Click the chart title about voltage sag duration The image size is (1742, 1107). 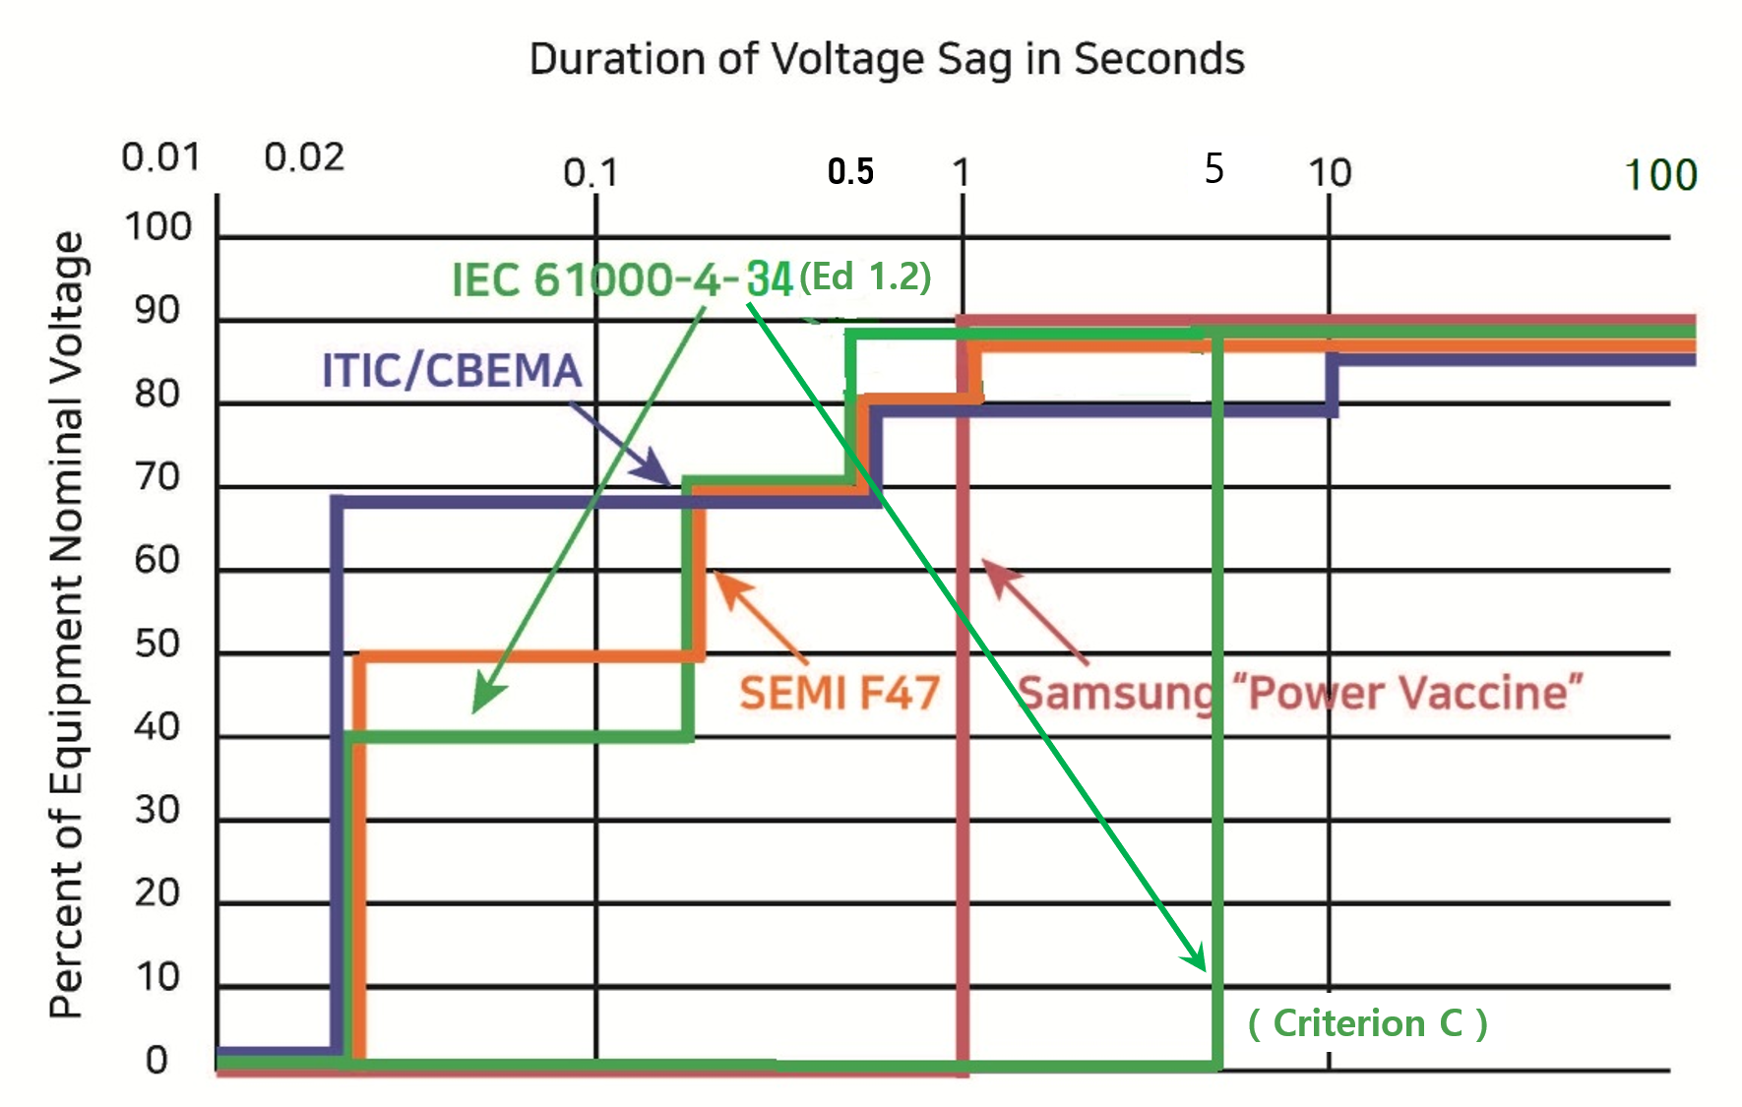(887, 59)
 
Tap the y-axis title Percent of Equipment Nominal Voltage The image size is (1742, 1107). (67, 625)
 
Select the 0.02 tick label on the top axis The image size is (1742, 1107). (304, 157)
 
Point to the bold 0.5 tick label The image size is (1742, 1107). (850, 172)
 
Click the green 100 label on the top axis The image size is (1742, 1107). (1660, 176)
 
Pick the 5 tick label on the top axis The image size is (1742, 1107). (1214, 169)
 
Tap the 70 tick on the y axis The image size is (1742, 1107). (157, 477)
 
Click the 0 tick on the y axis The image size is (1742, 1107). (157, 1061)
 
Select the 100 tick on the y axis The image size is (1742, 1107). (157, 227)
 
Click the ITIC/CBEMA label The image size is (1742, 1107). (452, 371)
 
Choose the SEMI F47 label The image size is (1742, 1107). (840, 693)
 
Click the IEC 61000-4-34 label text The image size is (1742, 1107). (621, 279)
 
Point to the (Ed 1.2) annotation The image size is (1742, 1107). (865, 277)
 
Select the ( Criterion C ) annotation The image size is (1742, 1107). (1368, 1023)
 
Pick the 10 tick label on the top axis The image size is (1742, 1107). (1330, 173)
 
